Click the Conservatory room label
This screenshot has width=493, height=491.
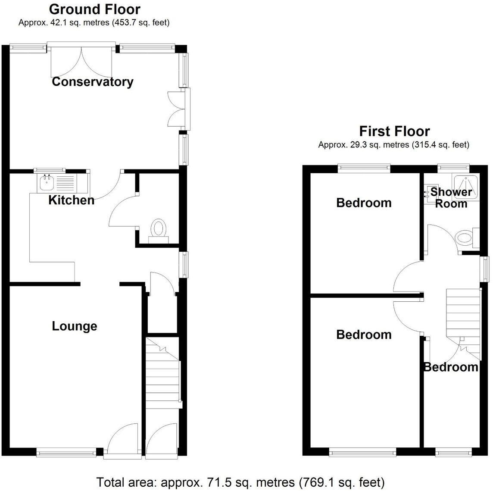92,82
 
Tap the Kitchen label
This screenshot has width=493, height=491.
71,200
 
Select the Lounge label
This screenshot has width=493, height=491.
75,326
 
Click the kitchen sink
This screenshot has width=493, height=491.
45,183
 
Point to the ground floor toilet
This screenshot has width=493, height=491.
158,229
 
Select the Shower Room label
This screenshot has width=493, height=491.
451,197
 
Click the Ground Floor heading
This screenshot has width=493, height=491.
94,9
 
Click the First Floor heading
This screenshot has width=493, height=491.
394,131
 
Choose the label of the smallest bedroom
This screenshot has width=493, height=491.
451,367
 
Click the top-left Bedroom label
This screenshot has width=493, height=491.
364,203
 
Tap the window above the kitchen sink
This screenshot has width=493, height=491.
50,170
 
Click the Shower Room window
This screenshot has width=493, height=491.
453,167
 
